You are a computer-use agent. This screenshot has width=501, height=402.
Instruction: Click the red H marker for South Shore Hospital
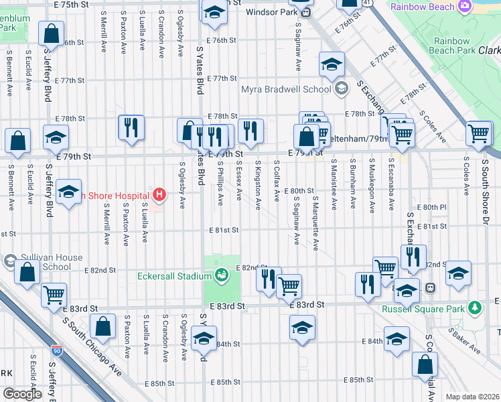tap(159, 195)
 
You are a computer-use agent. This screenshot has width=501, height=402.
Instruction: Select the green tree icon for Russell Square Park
tap(475, 308)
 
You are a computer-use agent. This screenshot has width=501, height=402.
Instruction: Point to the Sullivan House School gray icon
tap(10, 261)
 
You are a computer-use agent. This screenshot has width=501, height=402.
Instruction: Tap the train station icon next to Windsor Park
tap(305, 12)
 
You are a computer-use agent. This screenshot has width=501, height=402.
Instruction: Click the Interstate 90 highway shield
tap(57, 350)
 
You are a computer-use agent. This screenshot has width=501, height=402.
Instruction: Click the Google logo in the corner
tap(21, 394)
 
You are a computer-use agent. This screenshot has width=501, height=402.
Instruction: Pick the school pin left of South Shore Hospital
tap(69, 192)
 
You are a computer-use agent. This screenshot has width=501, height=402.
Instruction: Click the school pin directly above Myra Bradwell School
tap(332, 64)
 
